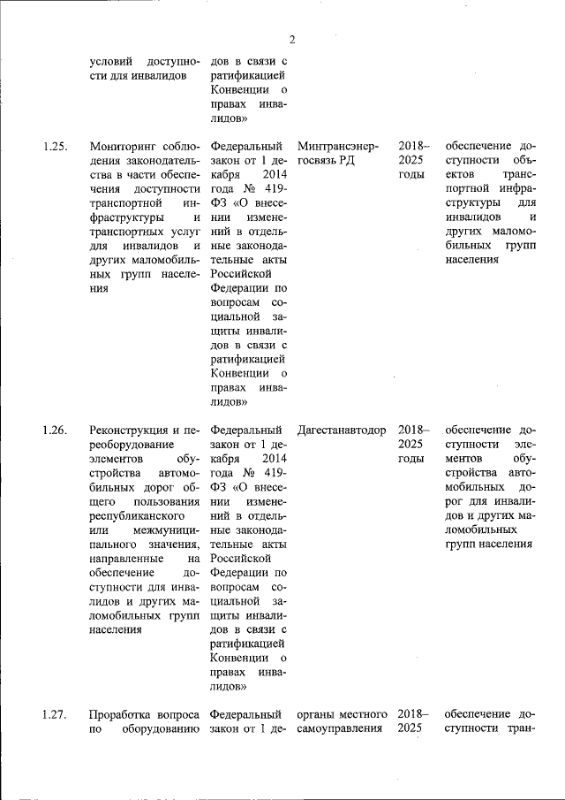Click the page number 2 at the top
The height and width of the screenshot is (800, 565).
(x=291, y=39)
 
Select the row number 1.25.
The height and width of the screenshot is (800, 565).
(x=55, y=146)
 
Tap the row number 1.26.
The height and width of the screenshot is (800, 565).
(x=55, y=430)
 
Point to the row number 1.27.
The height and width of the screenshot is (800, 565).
(x=55, y=714)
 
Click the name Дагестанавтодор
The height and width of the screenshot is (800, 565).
(x=343, y=430)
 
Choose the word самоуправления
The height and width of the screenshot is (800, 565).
(x=341, y=729)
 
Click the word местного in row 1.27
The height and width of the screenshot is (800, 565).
(x=363, y=714)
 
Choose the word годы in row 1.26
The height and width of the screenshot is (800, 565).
(x=411, y=460)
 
